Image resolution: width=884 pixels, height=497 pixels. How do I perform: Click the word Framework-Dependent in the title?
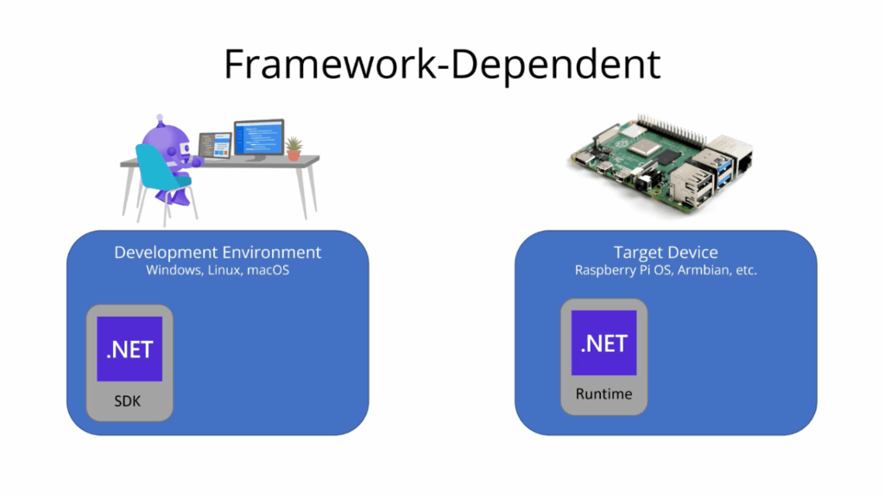tap(442, 65)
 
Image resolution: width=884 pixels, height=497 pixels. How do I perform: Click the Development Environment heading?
tap(218, 252)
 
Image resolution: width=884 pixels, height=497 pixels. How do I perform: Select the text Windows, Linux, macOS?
tap(218, 270)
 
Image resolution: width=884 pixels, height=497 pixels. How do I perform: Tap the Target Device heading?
tap(665, 252)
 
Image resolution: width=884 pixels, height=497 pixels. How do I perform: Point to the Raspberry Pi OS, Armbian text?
tap(665, 270)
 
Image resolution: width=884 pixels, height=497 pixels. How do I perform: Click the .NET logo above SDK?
tap(129, 349)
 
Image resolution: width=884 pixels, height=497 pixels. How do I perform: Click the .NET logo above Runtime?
tap(603, 343)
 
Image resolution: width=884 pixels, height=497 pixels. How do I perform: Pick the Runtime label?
tap(603, 394)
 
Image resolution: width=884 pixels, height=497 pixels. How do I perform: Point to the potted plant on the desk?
tap(294, 148)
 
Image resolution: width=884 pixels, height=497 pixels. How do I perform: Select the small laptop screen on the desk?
tap(215, 144)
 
